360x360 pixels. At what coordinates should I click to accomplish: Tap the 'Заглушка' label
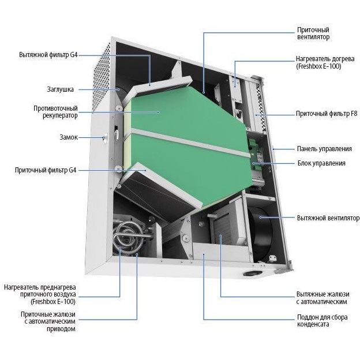tap(59, 89)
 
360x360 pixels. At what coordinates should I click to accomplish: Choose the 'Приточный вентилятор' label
tap(314, 33)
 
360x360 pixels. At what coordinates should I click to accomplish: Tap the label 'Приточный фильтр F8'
tap(327, 114)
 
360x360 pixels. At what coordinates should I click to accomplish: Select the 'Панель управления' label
tap(321, 149)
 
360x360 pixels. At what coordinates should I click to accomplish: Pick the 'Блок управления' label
tap(321, 163)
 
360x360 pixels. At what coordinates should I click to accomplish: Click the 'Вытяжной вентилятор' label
tap(328, 218)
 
